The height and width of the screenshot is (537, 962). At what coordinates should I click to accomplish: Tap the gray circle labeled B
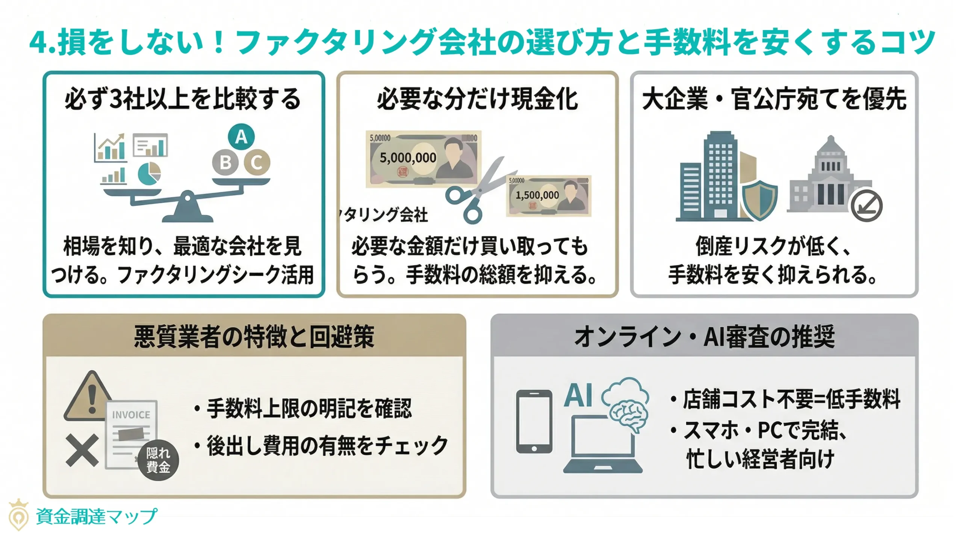click(x=225, y=163)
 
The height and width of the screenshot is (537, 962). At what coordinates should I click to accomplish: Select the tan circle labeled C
click(x=257, y=163)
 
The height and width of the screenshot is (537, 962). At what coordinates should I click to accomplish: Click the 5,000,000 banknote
click(x=423, y=159)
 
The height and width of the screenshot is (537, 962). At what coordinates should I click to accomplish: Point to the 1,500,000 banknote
click(x=549, y=195)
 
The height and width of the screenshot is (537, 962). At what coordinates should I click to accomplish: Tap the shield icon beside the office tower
click(x=759, y=200)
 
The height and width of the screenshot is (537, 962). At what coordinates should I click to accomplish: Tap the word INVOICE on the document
click(x=131, y=415)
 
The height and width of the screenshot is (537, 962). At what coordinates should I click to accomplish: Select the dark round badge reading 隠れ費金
click(x=158, y=460)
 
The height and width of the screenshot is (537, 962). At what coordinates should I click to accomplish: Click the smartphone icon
click(x=534, y=421)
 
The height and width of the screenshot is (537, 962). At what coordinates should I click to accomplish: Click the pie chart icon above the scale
click(x=149, y=174)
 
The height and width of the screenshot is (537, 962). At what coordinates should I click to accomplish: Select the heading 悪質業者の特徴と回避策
click(x=254, y=336)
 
